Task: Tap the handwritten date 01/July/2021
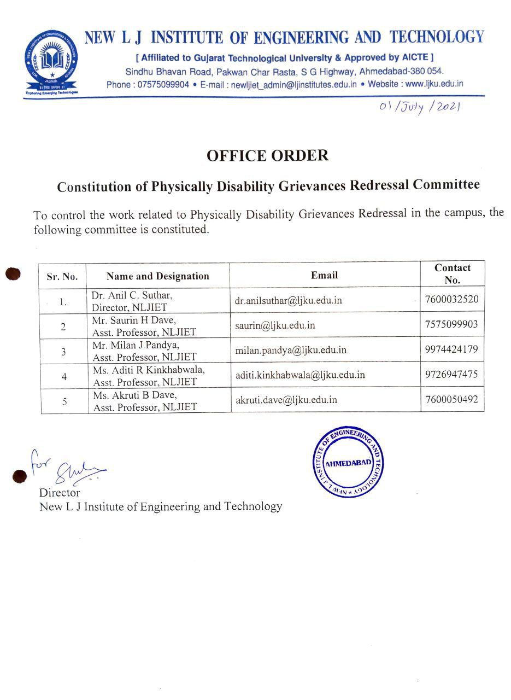coord(420,107)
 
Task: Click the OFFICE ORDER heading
coord(267,156)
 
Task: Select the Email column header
coord(325,275)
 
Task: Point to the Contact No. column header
coord(452,274)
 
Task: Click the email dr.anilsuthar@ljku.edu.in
coord(289,300)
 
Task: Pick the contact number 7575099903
coord(451,324)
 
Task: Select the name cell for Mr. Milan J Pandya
coord(144,351)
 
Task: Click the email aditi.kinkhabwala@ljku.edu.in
coord(300,375)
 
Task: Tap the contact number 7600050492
coord(451,399)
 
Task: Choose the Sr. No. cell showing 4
coord(64,377)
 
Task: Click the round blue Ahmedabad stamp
coord(348,463)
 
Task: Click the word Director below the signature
coord(60,493)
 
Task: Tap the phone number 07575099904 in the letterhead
coord(163,84)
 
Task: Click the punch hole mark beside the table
coord(13,273)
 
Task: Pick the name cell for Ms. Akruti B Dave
coord(144,401)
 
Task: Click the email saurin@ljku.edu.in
coord(275,325)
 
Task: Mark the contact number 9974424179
coord(451,349)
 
